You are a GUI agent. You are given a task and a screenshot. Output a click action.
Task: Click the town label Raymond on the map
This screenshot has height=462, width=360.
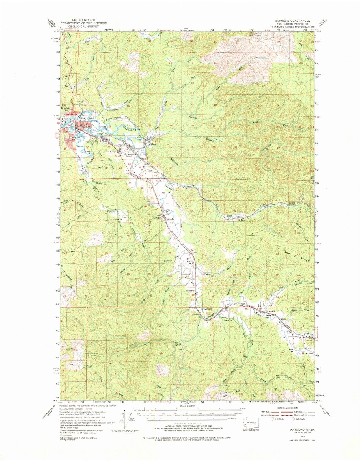coord(88,118)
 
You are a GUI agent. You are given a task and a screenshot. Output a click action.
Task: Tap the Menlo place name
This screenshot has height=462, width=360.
coord(170,219)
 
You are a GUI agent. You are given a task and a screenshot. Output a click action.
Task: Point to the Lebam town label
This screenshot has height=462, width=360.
coord(271,311)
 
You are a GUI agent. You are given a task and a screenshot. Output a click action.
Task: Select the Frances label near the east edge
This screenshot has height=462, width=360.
coord(308,341)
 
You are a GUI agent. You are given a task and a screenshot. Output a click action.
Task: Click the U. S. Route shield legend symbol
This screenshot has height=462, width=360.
coord(272,419)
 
